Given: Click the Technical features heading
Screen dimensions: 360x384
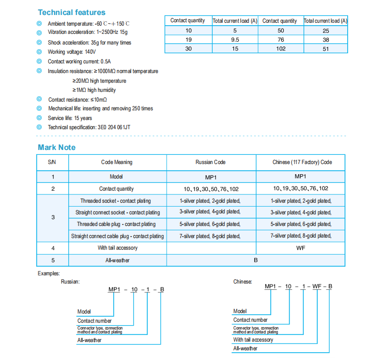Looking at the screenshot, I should pos(71,13).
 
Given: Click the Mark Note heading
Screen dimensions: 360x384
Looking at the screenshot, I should pos(57,148).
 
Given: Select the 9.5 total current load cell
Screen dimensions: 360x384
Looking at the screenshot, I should pos(235,39).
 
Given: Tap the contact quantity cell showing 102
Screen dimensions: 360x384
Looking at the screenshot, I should pos(280,48).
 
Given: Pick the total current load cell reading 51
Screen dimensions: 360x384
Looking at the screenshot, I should pos(325,48).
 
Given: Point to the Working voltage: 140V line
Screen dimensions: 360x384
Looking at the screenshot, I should pos(72,52).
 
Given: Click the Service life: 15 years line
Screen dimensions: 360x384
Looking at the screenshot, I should pos(70,118).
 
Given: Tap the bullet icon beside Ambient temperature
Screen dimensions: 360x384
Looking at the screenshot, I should pos(39,24).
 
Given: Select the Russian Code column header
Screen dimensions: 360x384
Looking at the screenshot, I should pos(210,162).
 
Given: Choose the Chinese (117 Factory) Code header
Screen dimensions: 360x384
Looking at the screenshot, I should pos(302,162).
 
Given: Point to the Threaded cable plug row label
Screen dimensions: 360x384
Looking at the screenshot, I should pos(116,224).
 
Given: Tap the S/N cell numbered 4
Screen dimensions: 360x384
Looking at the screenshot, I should pos(53,248).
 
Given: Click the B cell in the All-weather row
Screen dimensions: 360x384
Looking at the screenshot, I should pos(256,260).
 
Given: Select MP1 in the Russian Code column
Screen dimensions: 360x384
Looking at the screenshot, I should pos(210,177).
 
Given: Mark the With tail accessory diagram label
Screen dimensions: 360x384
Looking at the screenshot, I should pos(253,340).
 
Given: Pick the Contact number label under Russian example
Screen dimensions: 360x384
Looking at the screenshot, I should pos(94,321).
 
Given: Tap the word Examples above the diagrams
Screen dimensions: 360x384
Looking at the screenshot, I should pos(48,274).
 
